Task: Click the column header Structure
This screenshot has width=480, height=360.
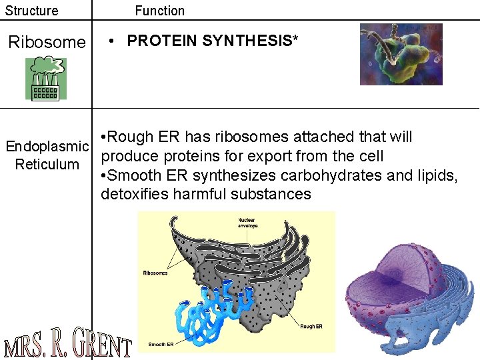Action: coord(32,11)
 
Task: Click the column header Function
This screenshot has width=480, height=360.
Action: coord(160,11)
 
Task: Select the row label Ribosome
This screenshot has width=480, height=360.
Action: coord(47,43)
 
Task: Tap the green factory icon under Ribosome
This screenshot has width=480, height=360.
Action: coord(46,79)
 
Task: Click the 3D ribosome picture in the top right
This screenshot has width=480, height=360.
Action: coord(401,54)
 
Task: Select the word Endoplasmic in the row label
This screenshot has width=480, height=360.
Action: coord(47,147)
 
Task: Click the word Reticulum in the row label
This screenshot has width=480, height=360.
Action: coord(47,165)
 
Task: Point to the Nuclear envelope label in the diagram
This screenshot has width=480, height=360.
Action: coord(249,222)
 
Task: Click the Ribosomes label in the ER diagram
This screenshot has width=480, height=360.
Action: coord(155,273)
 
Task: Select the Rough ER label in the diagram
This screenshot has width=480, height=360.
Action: coord(311,327)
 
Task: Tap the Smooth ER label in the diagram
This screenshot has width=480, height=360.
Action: coord(161,344)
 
